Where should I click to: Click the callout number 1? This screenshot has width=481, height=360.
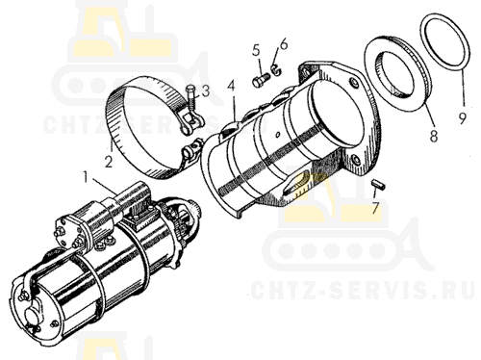pos(86,177)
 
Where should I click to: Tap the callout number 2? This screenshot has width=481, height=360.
pos(109,162)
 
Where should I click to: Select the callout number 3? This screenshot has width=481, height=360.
pos(205,90)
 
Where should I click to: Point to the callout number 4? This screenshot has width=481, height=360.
pos(232,86)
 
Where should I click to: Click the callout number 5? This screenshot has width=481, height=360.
pos(256,50)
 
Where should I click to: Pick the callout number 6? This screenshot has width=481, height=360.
pos(284,44)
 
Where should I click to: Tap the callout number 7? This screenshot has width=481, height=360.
pos(375,208)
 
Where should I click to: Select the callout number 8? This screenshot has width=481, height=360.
pos(433,136)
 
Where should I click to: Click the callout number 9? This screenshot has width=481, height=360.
pos(462,118)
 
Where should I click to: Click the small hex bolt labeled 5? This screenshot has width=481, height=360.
pos(260,80)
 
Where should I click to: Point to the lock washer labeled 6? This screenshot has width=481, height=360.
pos(276,70)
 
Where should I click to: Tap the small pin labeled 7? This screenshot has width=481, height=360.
pos(379,185)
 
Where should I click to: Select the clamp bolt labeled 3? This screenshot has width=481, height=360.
pos(191,98)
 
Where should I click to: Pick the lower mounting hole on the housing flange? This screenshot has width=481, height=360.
pos(354,160)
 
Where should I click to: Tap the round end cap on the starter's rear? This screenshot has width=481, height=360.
pos(32,318)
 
